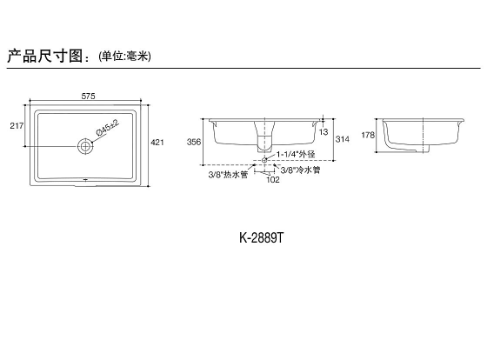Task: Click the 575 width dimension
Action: (88, 97)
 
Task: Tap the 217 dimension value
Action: (17, 126)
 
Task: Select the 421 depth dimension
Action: (157, 143)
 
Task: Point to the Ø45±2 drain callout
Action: (108, 127)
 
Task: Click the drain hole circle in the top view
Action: (85, 146)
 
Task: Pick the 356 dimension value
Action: (194, 142)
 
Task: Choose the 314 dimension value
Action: (343, 139)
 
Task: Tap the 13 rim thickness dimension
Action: (324, 132)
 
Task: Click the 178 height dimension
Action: (368, 135)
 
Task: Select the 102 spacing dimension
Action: (273, 179)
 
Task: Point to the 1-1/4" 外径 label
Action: (296, 154)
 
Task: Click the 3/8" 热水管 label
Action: (228, 175)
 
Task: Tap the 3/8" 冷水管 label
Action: (300, 170)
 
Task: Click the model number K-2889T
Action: (262, 238)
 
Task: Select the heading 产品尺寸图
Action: (44, 56)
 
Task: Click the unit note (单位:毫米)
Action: (124, 57)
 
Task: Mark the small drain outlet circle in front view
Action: (264, 160)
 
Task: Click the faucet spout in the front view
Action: (264, 137)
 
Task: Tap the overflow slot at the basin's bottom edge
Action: (85, 179)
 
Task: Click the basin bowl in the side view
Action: (422, 136)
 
